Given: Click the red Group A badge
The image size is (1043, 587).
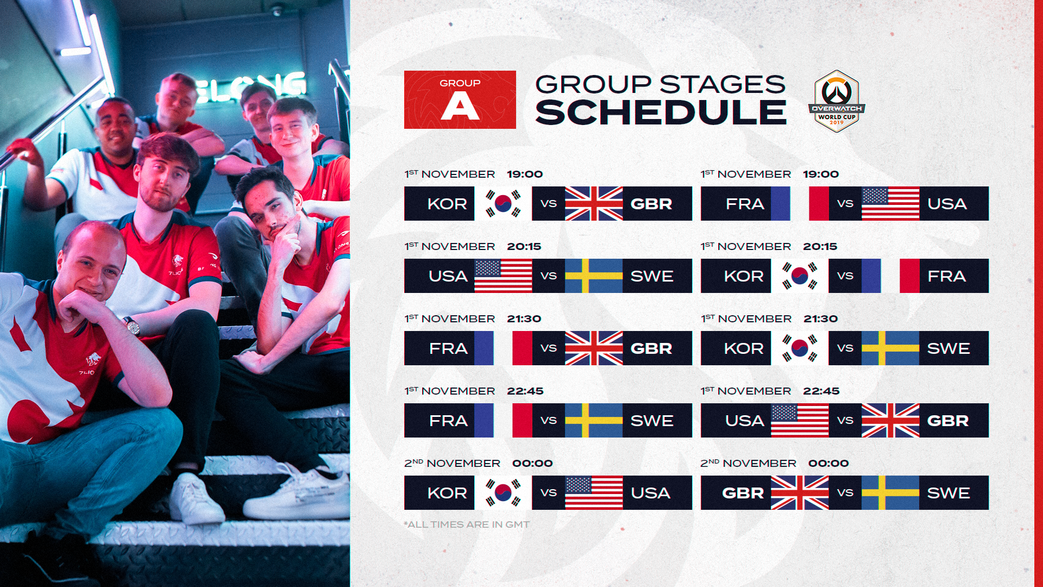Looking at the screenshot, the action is [460, 99].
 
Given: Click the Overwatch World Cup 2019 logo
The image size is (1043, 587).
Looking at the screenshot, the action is [837, 101].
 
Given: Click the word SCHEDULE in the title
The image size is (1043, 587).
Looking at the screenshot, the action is [661, 113].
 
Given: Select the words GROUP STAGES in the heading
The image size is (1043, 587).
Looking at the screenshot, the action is [660, 84].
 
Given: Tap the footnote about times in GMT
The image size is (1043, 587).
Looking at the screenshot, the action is [467, 524].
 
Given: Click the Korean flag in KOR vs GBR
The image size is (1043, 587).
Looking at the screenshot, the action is [503, 203].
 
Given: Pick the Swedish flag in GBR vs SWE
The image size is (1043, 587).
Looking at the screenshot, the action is [890, 492].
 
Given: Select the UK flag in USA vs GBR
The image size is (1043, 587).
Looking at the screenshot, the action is [890, 420].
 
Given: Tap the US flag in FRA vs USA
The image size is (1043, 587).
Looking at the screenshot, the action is [890, 203].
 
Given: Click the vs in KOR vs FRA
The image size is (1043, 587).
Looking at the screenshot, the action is [845, 276].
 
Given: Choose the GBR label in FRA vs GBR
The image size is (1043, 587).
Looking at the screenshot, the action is [651, 348].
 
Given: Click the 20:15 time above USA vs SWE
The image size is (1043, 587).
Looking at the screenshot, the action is [524, 246].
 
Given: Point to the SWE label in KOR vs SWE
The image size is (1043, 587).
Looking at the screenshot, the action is [948, 348].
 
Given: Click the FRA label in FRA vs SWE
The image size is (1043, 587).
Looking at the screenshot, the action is [448, 421].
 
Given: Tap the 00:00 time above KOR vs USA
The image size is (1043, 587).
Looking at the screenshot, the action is [532, 463].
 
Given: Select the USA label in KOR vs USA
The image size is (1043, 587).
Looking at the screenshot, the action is [651, 493].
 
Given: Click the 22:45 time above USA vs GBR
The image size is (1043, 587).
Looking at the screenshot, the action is [821, 391].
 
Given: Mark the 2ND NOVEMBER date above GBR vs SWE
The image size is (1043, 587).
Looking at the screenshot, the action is [748, 463].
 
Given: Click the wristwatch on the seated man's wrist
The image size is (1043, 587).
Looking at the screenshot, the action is [132, 326].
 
